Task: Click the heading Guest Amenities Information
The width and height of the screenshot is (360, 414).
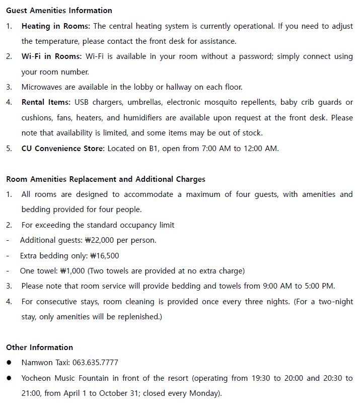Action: (59, 10)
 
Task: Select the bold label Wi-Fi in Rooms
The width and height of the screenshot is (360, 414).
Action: (51, 56)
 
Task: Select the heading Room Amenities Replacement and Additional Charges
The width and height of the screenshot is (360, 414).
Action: (106, 179)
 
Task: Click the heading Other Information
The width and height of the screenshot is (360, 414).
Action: (39, 347)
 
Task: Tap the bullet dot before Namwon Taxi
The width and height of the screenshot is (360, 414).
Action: (10, 363)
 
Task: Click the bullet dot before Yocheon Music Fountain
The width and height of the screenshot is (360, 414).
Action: (10, 378)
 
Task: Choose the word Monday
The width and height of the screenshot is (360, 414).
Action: (203, 393)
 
